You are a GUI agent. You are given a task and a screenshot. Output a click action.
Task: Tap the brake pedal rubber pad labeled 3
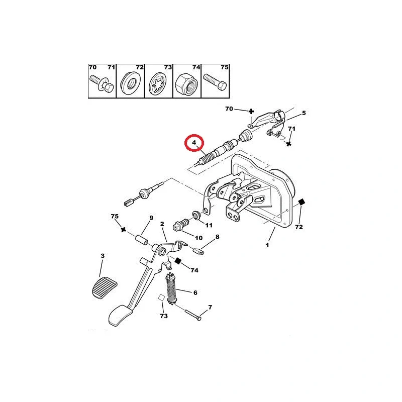[105, 287]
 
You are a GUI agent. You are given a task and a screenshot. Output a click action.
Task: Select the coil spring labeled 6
[171, 289]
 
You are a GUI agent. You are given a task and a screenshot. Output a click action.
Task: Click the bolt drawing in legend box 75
[215, 81]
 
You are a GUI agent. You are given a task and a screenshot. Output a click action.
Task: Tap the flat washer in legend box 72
[130, 82]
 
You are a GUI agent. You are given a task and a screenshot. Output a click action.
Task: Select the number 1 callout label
[267, 245]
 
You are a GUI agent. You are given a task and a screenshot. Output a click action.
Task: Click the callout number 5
[304, 113]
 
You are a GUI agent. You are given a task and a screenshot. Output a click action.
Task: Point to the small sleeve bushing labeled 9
[142, 240]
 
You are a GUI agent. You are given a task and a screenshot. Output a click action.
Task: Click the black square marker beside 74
[178, 261]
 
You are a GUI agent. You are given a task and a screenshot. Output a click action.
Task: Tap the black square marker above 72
[302, 202]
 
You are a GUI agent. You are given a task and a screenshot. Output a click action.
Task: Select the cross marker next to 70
[251, 111]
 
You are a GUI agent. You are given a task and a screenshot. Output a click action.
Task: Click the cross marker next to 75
[123, 230]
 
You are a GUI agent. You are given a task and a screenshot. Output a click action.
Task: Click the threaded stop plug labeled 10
[181, 224]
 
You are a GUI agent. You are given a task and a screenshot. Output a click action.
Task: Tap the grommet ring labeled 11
[196, 215]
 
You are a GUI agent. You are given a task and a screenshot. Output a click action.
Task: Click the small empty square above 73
[161, 297]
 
